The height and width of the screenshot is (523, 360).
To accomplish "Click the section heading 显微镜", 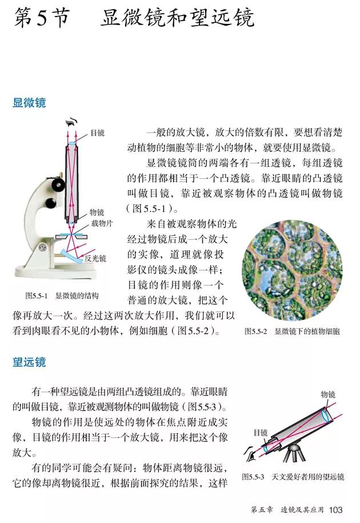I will click(x=29, y=103).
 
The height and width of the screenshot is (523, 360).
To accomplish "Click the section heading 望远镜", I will click(x=29, y=362).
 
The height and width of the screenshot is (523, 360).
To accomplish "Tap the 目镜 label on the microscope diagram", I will click(x=97, y=133).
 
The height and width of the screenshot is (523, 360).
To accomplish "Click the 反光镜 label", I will click(x=95, y=258).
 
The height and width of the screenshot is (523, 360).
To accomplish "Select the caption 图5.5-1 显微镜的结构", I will click(x=62, y=296).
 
